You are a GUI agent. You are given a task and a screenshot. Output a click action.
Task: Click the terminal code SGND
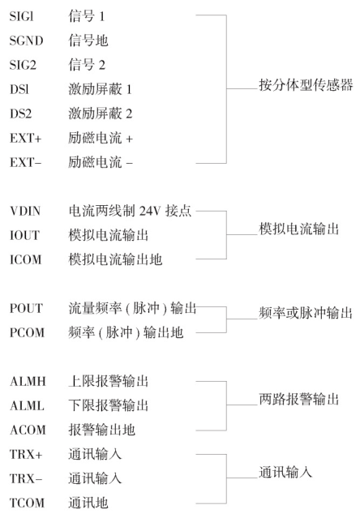tap(27, 41)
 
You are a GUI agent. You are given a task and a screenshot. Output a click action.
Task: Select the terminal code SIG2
tap(23, 65)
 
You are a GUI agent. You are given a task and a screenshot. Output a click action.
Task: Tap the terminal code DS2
tap(21, 113)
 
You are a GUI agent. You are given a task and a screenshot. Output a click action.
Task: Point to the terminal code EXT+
tap(26, 138)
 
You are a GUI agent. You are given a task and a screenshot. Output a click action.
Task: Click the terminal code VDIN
tap(25, 211)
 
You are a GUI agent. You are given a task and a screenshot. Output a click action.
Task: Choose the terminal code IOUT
tap(25, 235)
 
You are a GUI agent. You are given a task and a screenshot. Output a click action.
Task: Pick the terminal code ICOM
tap(26, 259)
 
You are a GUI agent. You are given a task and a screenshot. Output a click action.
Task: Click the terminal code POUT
tap(27, 308)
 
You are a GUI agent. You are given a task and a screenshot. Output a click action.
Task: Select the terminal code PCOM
tap(27, 332)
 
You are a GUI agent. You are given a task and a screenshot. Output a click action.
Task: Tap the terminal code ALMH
tap(28, 381)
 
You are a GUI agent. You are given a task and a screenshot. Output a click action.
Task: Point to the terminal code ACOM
tap(28, 430)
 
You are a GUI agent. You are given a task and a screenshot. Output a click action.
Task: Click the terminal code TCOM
tap(27, 503)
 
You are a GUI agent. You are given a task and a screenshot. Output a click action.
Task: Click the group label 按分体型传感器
tap(306, 85)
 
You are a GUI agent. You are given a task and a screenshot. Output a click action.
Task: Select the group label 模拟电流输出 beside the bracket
tap(299, 229)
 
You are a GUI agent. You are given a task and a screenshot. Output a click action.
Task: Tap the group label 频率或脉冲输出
tap(306, 313)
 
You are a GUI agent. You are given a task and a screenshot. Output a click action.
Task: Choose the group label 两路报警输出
tap(299, 399)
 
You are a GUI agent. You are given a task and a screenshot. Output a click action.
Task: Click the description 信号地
tap(88, 41)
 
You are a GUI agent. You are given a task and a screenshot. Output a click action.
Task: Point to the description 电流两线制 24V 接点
tap(130, 211)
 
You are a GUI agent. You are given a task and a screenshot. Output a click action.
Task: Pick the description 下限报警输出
tap(109, 405)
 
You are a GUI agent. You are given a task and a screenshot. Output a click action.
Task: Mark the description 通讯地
tap(88, 503)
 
